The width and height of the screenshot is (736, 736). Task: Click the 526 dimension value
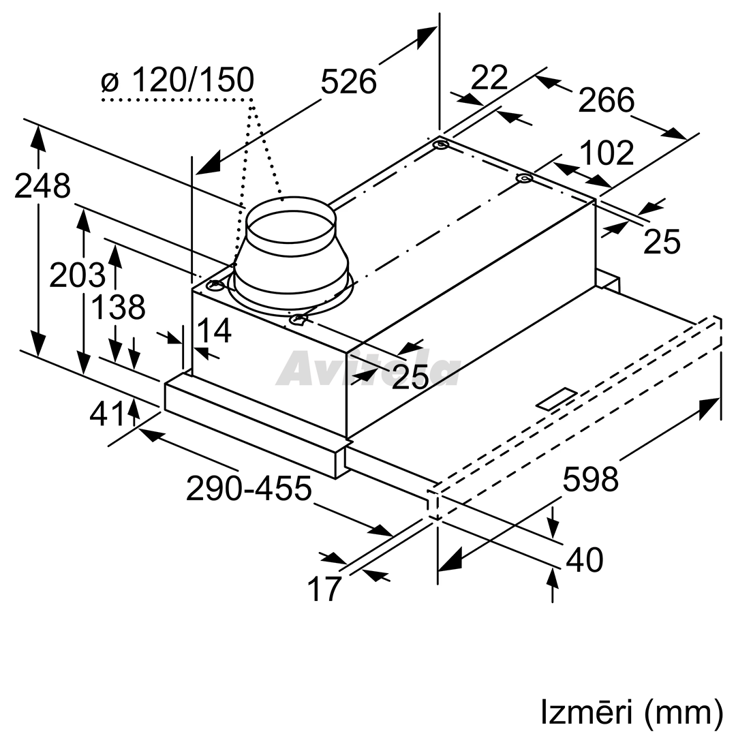click(x=348, y=80)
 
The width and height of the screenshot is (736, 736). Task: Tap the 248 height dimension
click(x=42, y=185)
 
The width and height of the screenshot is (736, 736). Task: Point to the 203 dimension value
click(x=77, y=275)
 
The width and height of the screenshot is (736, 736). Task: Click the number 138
click(x=117, y=307)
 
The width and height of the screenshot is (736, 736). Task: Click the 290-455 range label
click(x=249, y=487)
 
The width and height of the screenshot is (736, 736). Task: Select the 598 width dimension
click(x=590, y=479)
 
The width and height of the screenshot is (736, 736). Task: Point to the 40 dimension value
click(x=584, y=559)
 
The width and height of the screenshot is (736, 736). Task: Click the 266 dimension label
click(x=606, y=99)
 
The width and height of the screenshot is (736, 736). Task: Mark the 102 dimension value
click(x=607, y=153)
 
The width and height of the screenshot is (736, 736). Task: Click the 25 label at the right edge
click(x=661, y=242)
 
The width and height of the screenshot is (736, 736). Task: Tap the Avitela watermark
click(x=369, y=369)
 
